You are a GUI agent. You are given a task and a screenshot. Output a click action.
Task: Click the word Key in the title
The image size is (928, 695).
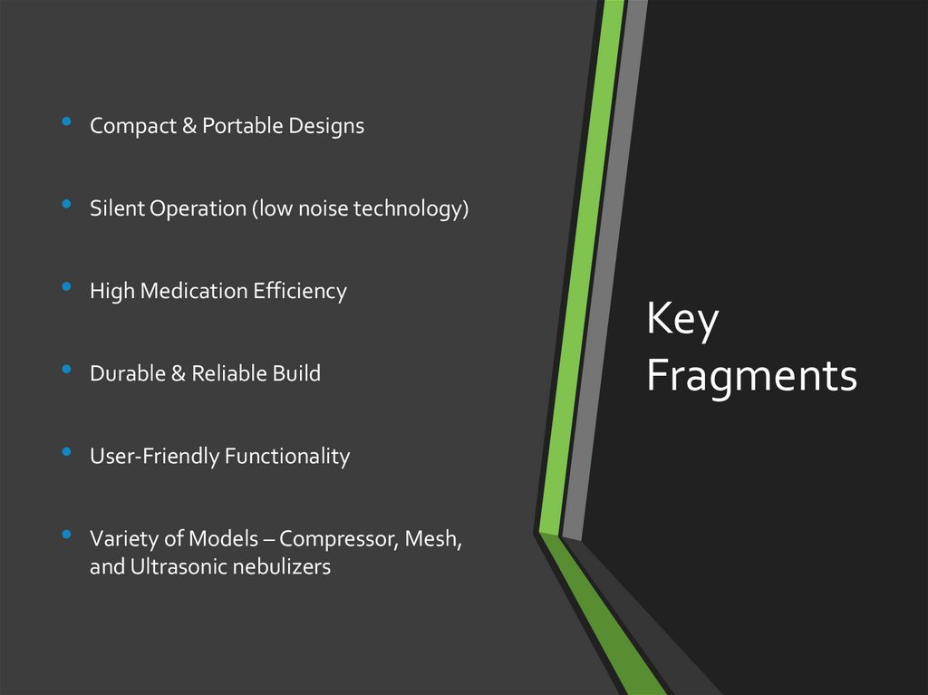point(682,322)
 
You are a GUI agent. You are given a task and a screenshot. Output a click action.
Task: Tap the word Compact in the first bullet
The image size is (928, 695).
point(132,126)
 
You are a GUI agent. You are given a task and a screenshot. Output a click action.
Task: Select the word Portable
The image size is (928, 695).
point(241,126)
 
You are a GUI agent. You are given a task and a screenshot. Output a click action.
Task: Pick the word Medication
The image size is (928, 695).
point(191,291)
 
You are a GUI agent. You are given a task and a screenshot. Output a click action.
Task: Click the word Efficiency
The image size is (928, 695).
point(300,291)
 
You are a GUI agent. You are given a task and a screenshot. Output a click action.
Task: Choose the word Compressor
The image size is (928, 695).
point(338,539)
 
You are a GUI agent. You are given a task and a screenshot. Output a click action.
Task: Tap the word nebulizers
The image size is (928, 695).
point(283,568)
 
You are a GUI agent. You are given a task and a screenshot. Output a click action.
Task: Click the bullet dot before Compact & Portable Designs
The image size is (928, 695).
point(66,121)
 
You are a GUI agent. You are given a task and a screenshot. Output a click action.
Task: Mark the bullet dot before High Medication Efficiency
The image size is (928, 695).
point(66,287)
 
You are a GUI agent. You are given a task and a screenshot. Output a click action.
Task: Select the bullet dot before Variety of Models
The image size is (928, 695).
point(66,535)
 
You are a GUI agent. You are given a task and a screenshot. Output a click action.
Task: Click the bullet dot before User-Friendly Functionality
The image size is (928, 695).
point(66,452)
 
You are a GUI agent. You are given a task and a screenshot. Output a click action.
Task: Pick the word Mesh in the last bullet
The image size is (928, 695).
point(433,539)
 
